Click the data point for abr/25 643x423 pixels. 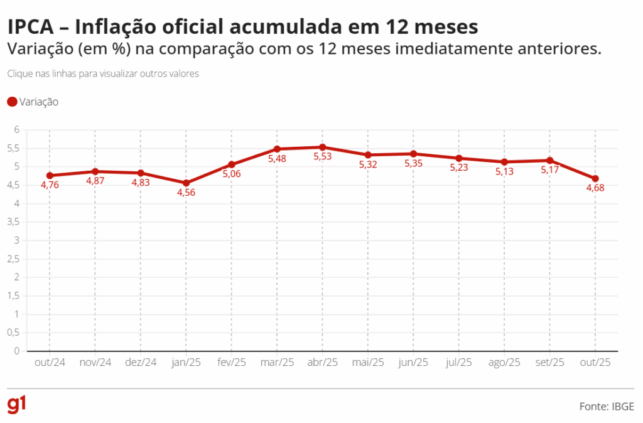[322, 147]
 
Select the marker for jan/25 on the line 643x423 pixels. [186, 183]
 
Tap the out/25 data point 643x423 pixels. [595, 179]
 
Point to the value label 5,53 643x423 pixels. [322, 157]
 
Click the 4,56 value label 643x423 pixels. [186, 193]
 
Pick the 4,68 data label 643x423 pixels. [595, 188]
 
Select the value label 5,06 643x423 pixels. [231, 174]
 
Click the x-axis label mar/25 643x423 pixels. [277, 362]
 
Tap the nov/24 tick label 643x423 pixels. [95, 362]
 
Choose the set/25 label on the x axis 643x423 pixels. [549, 362]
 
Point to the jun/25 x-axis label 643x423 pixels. [413, 362]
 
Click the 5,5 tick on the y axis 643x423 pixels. [13, 149]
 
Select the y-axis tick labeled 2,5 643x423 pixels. [13, 259]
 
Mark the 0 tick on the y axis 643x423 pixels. [17, 351]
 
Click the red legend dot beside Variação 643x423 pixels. [12, 102]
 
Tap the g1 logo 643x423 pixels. [17, 405]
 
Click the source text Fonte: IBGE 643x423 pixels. [607, 407]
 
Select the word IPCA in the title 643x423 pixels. [35, 27]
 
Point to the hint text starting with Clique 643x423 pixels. [103, 73]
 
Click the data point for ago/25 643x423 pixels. [504, 162]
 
